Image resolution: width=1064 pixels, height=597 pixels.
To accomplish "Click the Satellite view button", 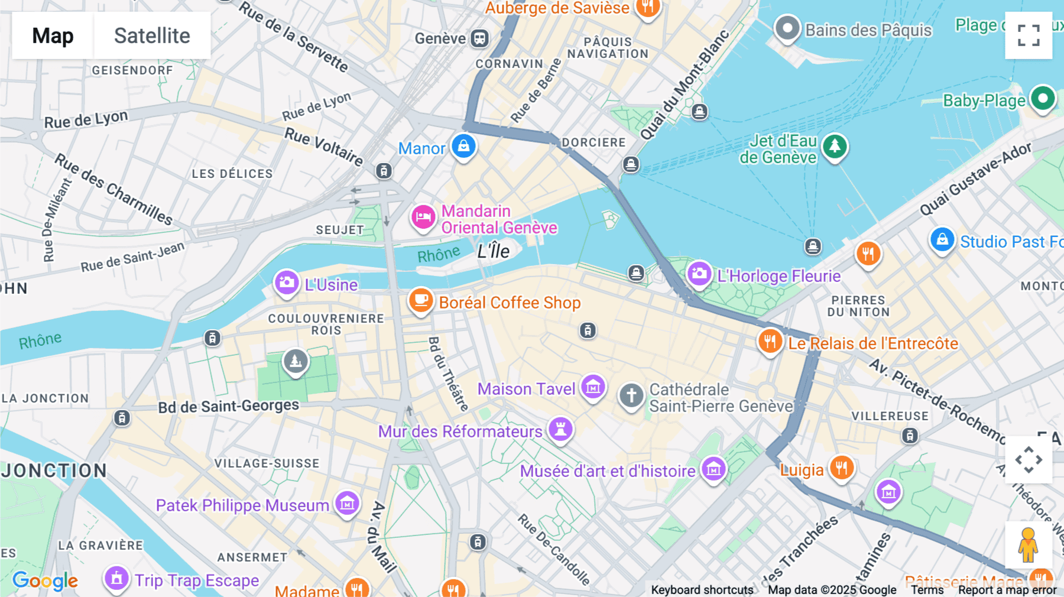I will tap(152, 35).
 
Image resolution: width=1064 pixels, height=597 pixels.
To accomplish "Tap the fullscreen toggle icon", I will tap(1029, 35).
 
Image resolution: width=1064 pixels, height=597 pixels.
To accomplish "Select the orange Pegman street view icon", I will tap(1029, 544).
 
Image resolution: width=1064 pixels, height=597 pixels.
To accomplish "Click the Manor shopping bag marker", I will tap(463, 146).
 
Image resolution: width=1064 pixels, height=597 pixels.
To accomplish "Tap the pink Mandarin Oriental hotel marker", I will tap(423, 218).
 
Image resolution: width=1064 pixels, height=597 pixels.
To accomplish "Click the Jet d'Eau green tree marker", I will tap(834, 146).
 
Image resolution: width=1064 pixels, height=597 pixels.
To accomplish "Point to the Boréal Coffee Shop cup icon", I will tap(421, 301).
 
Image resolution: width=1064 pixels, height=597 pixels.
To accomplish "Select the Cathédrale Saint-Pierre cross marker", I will tap(631, 395).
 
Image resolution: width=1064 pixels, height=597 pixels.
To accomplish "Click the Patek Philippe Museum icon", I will tap(347, 504).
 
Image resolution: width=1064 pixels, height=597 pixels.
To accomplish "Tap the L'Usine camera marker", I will tap(287, 283).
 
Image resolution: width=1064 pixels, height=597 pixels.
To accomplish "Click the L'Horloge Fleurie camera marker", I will tap(699, 274).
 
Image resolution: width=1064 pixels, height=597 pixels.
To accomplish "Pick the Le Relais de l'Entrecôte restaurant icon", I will tap(770, 342).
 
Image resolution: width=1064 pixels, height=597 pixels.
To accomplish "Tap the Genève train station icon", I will tap(479, 39).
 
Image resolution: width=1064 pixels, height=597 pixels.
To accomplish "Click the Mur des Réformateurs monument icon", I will tap(560, 429).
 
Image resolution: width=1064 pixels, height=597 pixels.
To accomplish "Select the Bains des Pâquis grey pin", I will tap(787, 28).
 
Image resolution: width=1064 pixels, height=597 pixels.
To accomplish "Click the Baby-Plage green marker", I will tap(1043, 98).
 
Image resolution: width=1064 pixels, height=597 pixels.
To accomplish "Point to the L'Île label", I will tap(494, 251).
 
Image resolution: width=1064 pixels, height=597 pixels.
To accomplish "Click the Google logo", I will tap(45, 580).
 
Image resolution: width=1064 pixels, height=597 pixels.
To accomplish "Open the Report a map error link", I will tap(1007, 590).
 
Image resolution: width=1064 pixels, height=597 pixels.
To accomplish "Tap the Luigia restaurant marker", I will tap(841, 468).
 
